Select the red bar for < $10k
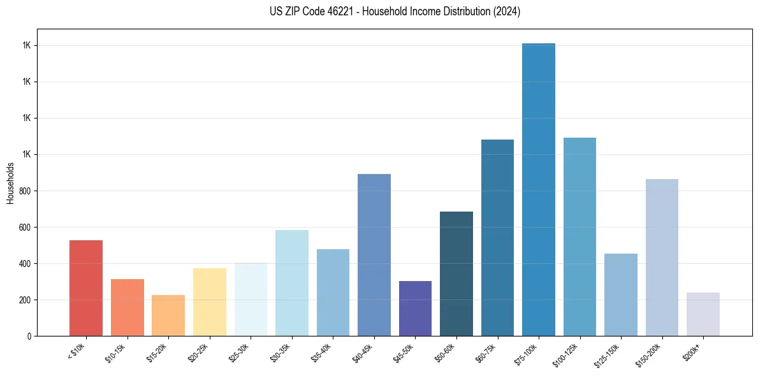tap(86, 288)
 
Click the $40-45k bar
tap(374, 255)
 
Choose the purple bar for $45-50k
tap(415, 308)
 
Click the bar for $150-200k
tap(662, 257)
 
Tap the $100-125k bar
tap(579, 236)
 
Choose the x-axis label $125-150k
tap(609, 354)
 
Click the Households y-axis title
tap(10, 183)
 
